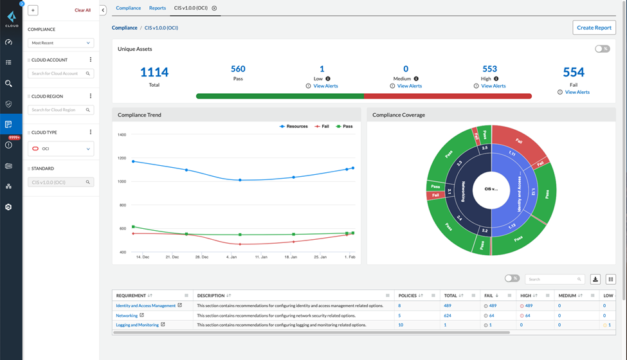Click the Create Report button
[x=594, y=28]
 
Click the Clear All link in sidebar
[x=82, y=10]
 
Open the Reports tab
[x=158, y=8]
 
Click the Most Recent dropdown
[x=60, y=43]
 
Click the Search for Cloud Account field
[x=60, y=73]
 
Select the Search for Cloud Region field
[x=60, y=110]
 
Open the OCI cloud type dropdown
[x=60, y=148]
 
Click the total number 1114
[x=154, y=73]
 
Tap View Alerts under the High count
[x=493, y=86]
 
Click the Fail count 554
[x=573, y=73]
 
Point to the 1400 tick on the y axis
[x=122, y=135]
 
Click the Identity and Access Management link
[x=145, y=306]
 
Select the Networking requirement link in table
[x=127, y=316]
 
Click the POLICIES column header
[x=408, y=296]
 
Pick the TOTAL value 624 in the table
[x=448, y=316]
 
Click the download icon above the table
[x=595, y=279]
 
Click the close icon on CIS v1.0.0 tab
[x=214, y=8]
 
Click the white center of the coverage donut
[x=491, y=190]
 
